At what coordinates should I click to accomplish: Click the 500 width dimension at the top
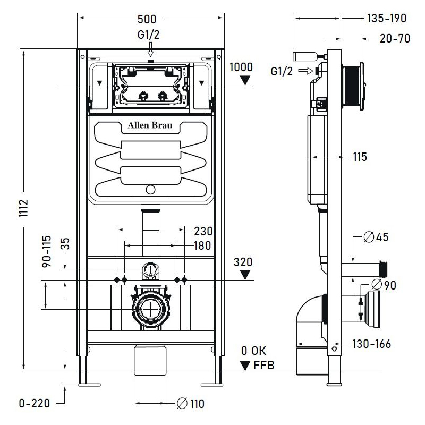tap(147, 19)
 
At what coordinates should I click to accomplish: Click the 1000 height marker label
tap(242, 67)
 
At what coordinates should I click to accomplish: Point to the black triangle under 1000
tap(245, 80)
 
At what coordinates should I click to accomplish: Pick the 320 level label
tap(243, 262)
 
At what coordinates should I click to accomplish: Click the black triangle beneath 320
tap(245, 275)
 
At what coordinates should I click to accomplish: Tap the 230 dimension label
tap(203, 231)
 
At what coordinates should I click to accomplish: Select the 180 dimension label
tap(202, 245)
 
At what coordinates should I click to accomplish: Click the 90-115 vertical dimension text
tap(46, 251)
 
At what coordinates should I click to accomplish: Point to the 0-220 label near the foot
tap(34, 404)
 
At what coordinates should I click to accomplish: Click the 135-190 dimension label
tap(386, 19)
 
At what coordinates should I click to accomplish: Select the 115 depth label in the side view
tap(360, 157)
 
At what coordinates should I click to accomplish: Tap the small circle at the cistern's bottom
tap(151, 190)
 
